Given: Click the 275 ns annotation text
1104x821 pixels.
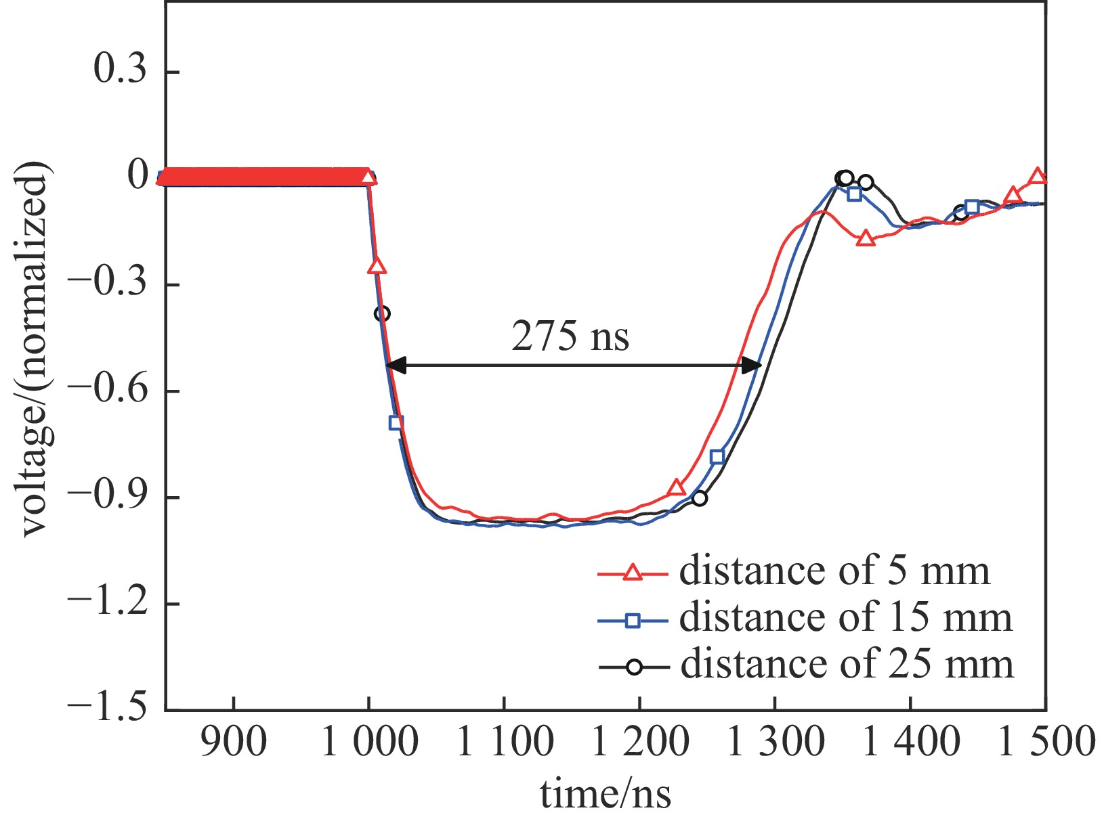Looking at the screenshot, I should tap(570, 336).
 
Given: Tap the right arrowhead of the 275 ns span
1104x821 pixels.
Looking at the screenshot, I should tap(752, 365).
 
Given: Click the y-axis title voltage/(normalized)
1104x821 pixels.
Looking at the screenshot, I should tap(35, 350).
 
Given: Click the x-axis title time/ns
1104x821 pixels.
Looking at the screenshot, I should tap(606, 793).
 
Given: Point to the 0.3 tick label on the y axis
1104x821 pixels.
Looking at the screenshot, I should tap(121, 71).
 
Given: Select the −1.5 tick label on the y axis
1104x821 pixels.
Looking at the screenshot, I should tap(108, 709).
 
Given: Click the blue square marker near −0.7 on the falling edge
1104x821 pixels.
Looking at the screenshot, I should tap(396, 422).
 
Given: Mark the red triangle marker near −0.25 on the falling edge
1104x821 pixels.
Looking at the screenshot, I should tap(377, 266).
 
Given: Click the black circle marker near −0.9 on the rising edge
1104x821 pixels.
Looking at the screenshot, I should tap(700, 498).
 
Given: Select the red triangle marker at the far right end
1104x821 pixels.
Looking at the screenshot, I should tap(1038, 176).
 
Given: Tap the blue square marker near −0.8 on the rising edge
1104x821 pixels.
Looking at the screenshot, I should tap(717, 457).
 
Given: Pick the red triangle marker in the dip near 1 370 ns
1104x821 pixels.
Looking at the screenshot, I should tap(866, 238).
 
